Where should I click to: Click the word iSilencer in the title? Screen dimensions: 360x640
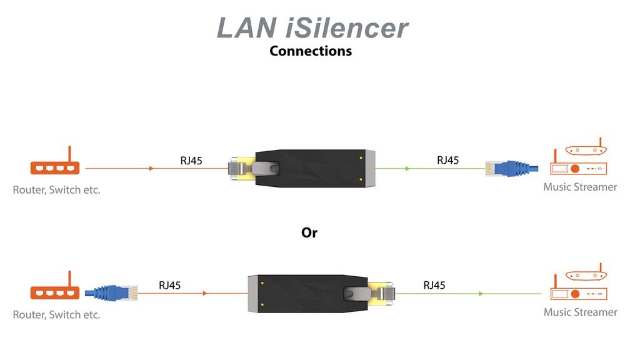coord(339,28)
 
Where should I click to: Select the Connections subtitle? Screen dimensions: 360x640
coord(311,51)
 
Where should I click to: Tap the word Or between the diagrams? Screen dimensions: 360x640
coord(309,232)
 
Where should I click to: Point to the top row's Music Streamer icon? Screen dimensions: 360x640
coord(578,159)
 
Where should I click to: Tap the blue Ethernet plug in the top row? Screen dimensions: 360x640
coord(510,167)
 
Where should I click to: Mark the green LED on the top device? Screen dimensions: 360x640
coord(361,157)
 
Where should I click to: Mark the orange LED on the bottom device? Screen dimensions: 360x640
coord(262,283)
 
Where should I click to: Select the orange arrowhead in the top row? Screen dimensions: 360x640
coord(152,168)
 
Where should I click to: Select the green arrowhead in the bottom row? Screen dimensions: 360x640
coord(481,293)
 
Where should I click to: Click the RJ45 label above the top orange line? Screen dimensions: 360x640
coord(191,161)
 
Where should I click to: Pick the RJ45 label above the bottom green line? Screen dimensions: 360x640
coord(434,285)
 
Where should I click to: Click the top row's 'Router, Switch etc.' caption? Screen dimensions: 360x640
coord(56,190)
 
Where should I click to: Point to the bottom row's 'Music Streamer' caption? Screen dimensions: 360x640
coord(580,312)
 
